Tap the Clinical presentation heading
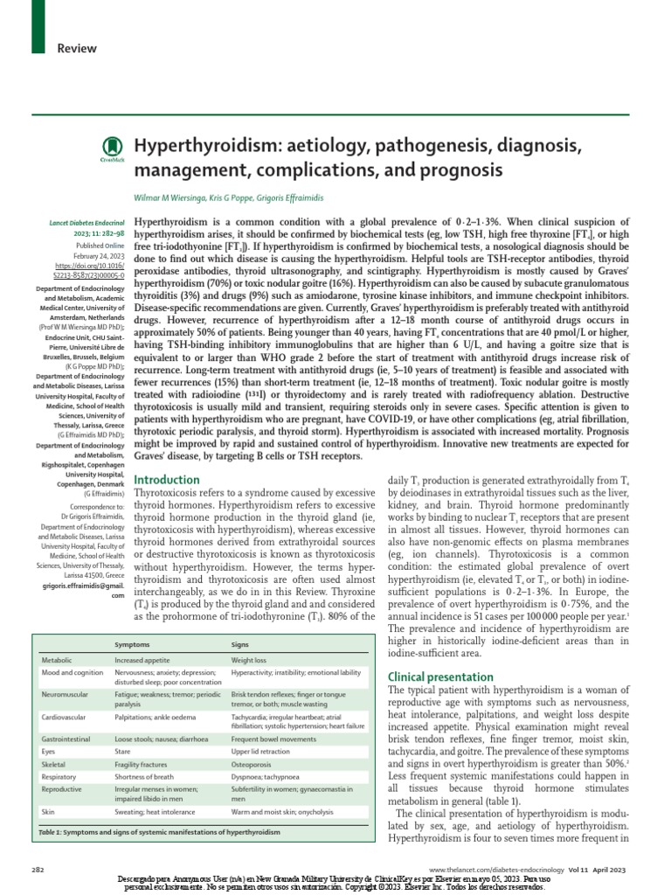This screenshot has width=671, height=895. click(440, 676)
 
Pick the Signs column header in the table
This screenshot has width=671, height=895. click(241, 645)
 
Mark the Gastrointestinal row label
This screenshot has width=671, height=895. click(66, 739)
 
